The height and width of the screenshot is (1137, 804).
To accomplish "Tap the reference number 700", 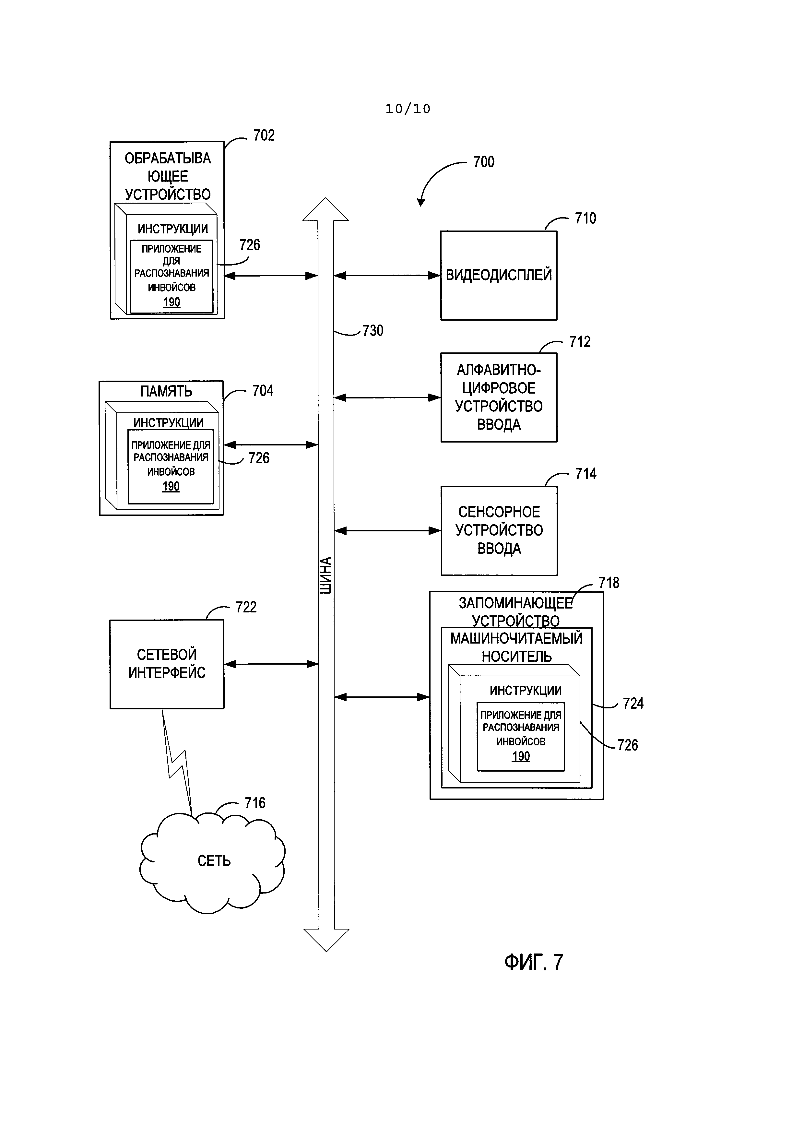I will coord(484,162).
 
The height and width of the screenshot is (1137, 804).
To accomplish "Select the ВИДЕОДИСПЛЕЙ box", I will coord(499,275).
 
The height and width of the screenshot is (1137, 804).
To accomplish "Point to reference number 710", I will coord(585,219).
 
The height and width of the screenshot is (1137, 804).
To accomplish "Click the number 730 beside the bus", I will coord(373,331).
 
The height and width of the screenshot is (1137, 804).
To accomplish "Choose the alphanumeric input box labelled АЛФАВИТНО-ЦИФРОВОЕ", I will coord(499,397).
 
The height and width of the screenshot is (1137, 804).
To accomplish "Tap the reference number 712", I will coord(580,342).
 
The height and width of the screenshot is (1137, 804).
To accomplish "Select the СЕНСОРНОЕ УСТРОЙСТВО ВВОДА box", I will coord(499,530).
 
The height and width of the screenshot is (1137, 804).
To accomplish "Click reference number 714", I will coord(586,474).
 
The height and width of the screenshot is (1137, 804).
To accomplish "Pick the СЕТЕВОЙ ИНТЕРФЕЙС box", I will coord(167,664).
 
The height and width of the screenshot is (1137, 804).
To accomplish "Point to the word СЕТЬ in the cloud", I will coord(214,861).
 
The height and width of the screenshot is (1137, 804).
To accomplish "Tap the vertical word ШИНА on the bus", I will coord(325,575).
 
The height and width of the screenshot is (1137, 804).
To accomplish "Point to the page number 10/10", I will coord(408,109).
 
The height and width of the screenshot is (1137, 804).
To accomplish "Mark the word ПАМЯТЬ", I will coord(166,391).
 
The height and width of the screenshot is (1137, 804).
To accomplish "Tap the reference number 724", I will coord(633,704).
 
